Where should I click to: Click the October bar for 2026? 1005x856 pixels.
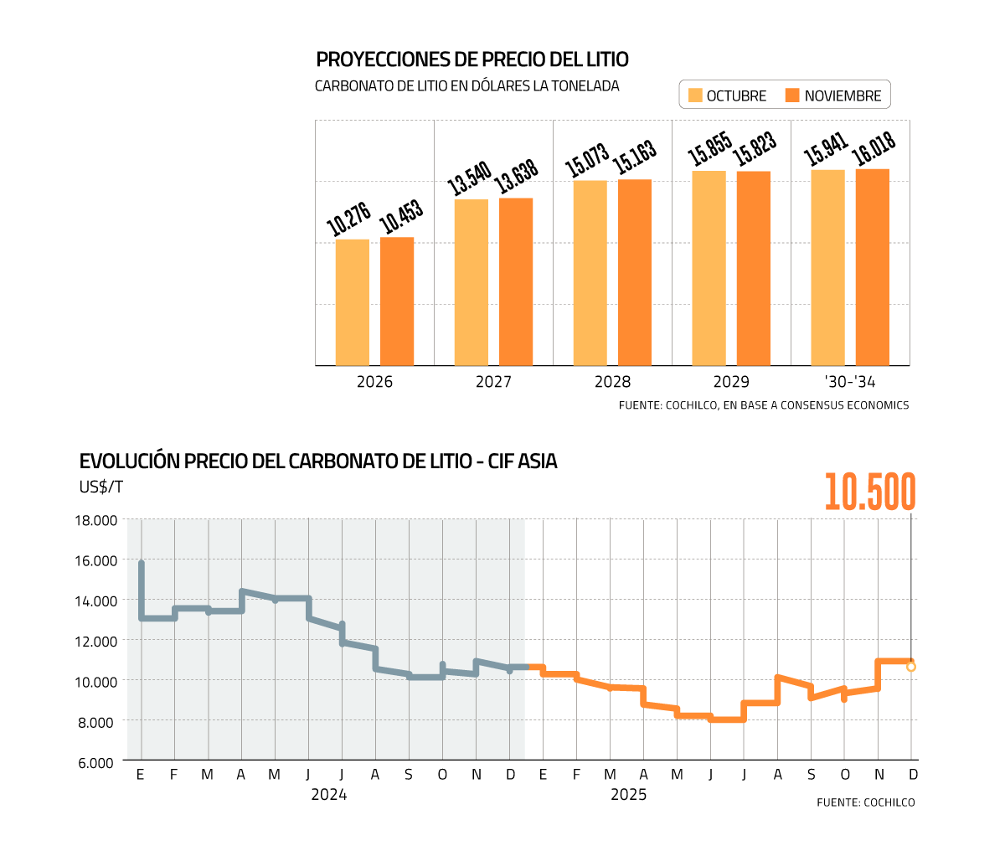point(353,302)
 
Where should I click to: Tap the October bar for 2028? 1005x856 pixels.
point(590,273)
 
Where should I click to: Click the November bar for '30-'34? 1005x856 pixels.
point(873,267)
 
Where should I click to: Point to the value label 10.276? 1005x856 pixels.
point(348,219)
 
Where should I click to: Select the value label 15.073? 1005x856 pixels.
point(587,160)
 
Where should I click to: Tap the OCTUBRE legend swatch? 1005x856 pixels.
point(695,95)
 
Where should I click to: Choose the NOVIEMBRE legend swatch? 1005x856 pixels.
point(793,95)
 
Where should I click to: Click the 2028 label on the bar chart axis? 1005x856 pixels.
point(612,382)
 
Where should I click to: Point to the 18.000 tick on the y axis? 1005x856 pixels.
point(96,520)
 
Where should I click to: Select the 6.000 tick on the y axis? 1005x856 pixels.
point(96,762)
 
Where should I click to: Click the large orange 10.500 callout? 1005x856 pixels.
point(870,492)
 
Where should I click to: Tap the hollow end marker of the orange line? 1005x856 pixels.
point(911,667)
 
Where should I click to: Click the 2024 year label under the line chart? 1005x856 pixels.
point(329,795)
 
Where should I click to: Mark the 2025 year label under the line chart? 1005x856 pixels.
point(628,795)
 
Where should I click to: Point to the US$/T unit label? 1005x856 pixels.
point(101,487)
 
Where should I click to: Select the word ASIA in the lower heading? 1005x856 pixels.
point(538,461)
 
